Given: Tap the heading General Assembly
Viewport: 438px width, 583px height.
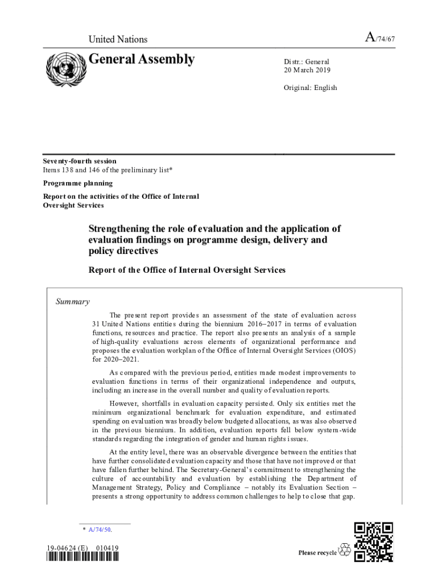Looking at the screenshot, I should tap(142, 59).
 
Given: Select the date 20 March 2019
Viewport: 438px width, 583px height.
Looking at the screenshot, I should tap(307, 71).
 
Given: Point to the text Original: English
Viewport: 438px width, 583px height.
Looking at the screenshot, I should tap(311, 88).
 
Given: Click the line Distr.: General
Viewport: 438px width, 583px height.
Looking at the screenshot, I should tap(307, 61).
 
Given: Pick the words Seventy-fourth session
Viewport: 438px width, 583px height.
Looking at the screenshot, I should tap(80, 161).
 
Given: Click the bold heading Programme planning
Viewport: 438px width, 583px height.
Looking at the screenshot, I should tap(78, 183).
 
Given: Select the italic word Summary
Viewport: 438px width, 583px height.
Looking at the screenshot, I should tap(72, 302).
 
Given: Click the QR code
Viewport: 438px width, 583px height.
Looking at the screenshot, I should tap(373, 542).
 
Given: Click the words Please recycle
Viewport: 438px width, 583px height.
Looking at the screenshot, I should tap(317, 553).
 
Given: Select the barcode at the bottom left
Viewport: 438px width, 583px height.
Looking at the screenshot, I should tap(83, 557).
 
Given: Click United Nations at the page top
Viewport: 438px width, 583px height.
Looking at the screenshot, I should tap(118, 39).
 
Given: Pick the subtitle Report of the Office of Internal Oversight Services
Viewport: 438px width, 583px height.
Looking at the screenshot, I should tap(187, 270).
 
